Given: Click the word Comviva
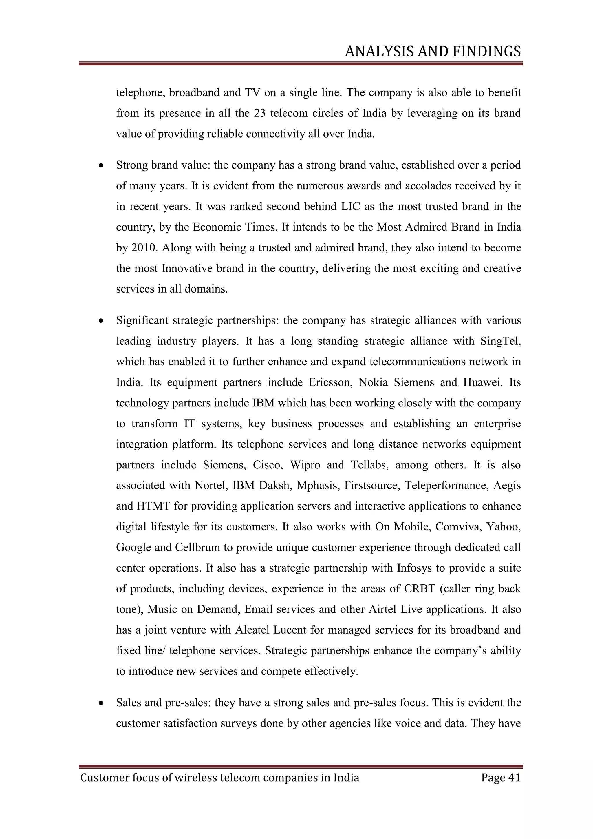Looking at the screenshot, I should pyautogui.click(x=457, y=527).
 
